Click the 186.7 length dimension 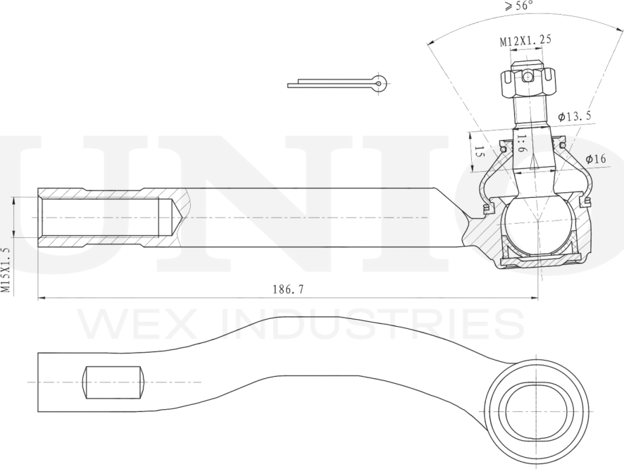click(287, 289)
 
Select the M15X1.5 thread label click(6, 270)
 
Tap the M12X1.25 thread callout click(525, 41)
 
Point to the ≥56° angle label click(519, 6)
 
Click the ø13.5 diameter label click(573, 115)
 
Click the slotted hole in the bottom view click(113, 382)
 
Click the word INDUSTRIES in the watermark click(373, 325)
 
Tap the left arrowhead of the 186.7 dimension click(42, 299)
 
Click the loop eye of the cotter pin click(380, 83)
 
